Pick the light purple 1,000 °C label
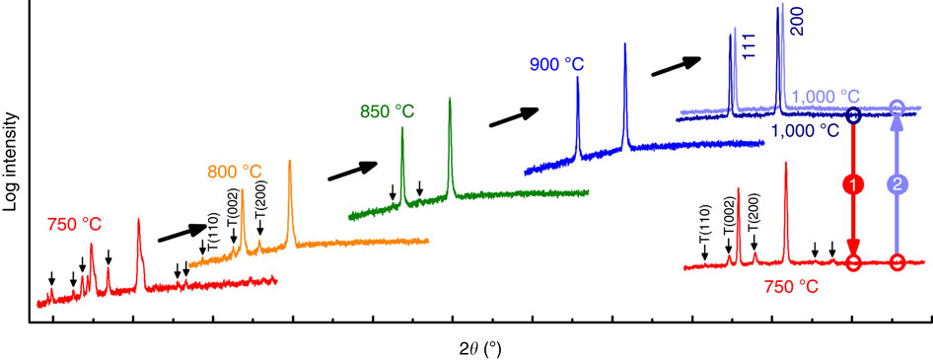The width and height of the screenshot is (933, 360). click(825, 96)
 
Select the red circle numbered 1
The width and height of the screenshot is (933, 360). click(854, 184)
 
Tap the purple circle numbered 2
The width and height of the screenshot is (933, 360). click(897, 184)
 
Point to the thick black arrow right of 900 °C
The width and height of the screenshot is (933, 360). click(679, 65)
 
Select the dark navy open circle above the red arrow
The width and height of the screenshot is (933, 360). click(854, 115)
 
